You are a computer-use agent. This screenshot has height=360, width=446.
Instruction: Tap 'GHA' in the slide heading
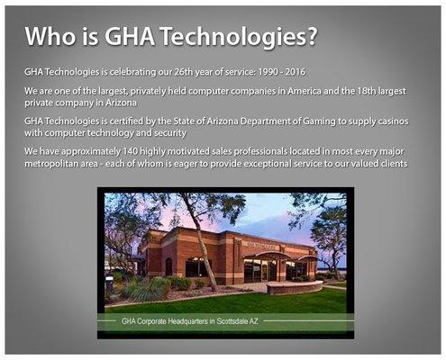click(x=130, y=36)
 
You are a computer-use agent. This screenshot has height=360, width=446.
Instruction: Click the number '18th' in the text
click(x=363, y=91)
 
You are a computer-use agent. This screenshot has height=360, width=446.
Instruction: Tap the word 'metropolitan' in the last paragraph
click(x=54, y=163)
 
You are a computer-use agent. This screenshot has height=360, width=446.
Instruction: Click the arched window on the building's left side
click(x=168, y=266)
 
